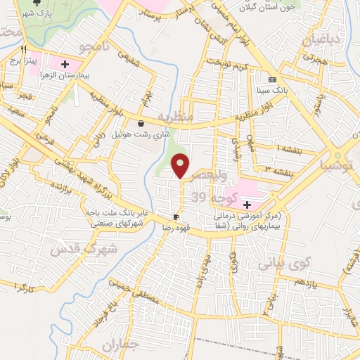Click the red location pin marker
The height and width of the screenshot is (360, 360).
click(x=181, y=165)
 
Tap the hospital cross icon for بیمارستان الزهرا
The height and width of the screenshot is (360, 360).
click(x=65, y=64)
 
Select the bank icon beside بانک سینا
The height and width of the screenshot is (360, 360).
click(x=271, y=79)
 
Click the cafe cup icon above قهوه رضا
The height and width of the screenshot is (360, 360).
click(x=176, y=217)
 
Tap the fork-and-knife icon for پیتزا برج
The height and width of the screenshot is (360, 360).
click(x=24, y=50)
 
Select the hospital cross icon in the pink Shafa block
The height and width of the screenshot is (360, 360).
click(x=247, y=204)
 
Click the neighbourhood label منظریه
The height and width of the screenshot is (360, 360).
click(x=174, y=115)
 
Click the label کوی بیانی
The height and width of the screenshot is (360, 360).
click(x=278, y=264)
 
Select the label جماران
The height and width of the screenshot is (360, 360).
click(x=117, y=344)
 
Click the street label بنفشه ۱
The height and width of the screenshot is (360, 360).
click(x=288, y=149)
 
